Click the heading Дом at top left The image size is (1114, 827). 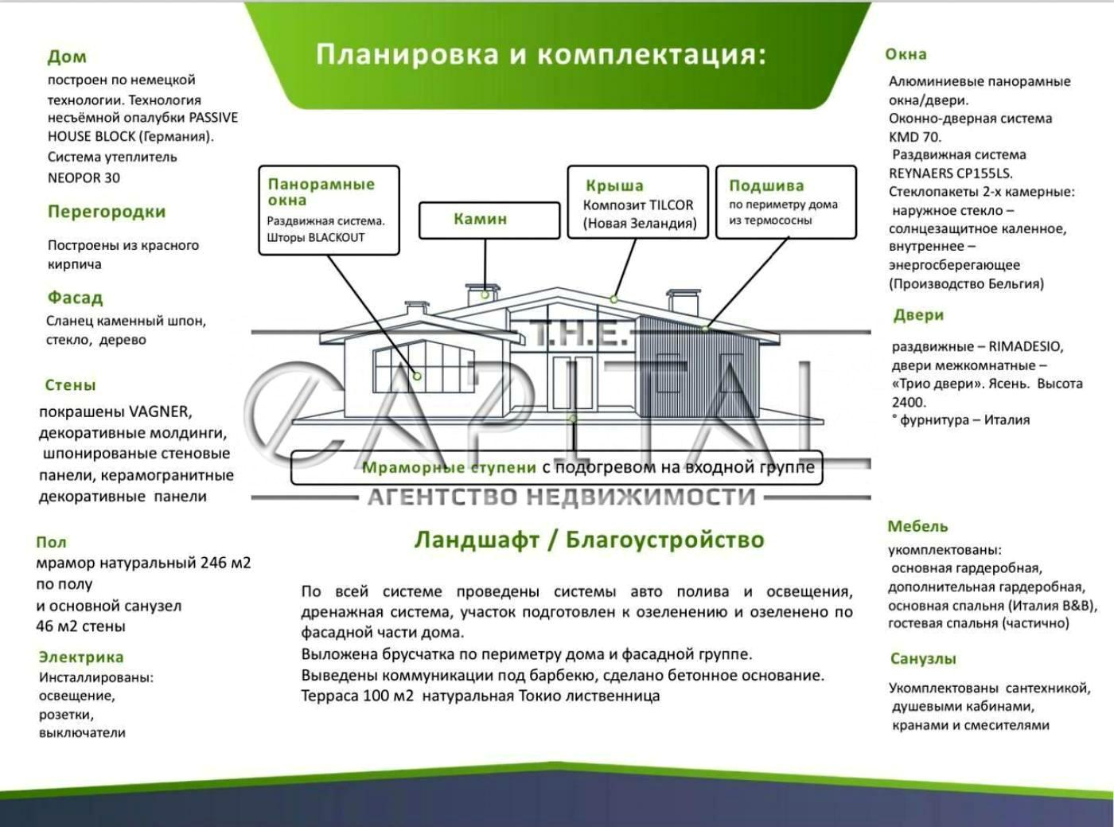coord(67,57)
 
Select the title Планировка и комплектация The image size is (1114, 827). coord(540,54)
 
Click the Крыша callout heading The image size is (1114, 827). coord(614,185)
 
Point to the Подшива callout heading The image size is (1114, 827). coord(766,185)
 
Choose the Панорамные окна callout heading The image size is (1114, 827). coord(321,192)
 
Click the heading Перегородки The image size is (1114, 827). coord(107,212)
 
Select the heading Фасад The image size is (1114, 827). coord(75,298)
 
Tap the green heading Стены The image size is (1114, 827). coord(70,385)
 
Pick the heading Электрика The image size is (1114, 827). coord(81,657)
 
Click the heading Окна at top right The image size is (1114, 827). coord(906,54)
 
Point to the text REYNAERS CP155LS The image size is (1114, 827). coord(950,173)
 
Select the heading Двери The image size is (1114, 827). coord(918,315)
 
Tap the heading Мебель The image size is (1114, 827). coord(917,526)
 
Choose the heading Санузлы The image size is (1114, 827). coord(923,658)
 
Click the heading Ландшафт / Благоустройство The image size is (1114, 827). coord(589,540)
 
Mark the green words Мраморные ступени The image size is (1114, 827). coord(449,467)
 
